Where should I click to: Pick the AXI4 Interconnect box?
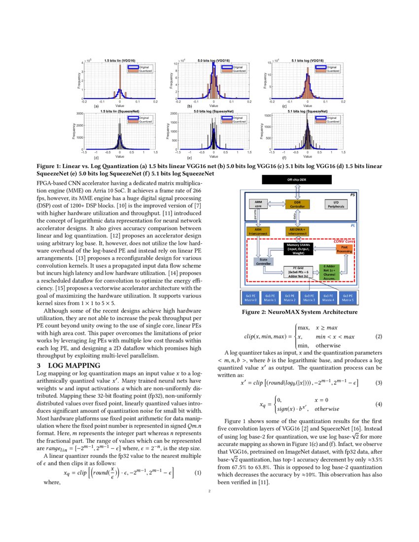[x=257, y=231]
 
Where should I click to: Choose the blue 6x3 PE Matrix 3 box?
[x=309, y=298]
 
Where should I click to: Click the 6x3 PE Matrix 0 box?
[x=250, y=298]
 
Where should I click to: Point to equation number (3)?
[x=379, y=382]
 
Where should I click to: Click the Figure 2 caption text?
[x=299, y=312]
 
